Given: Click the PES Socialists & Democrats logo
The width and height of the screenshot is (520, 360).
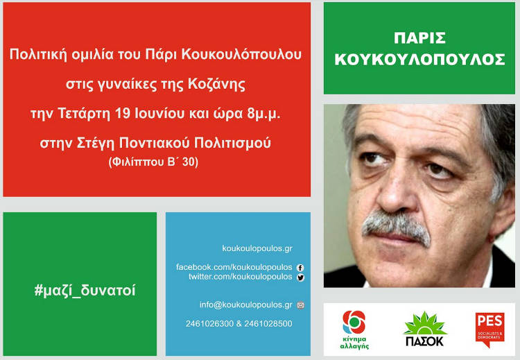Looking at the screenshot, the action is click(489, 329).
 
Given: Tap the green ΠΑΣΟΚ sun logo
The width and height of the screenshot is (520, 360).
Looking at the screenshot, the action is click(425, 329).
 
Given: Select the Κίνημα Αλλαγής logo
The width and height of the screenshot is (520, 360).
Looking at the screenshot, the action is click(354, 329).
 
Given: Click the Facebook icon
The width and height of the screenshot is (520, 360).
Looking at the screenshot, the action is click(300, 268).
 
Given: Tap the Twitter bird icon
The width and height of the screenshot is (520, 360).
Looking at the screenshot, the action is click(300, 277).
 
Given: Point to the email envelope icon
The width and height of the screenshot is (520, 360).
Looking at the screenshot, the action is click(300, 305).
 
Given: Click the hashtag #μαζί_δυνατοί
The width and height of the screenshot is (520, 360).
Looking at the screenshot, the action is click(85, 291).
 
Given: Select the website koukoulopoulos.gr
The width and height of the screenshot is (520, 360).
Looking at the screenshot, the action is click(257, 248).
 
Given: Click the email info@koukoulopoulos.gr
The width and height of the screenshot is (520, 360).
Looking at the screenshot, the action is click(245, 305).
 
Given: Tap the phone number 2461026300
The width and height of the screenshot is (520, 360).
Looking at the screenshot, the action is click(209, 324).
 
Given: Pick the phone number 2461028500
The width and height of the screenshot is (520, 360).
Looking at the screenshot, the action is click(268, 324).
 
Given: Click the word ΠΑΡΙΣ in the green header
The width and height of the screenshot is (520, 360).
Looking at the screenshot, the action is click(419, 38).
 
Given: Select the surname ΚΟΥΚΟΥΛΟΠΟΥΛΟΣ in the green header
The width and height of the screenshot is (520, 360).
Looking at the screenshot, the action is click(419, 60).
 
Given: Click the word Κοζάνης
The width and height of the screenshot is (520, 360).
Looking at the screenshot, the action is click(217, 84).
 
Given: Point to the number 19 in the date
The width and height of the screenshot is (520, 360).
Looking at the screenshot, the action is click(122, 114).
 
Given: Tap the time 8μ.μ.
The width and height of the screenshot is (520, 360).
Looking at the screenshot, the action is click(263, 114).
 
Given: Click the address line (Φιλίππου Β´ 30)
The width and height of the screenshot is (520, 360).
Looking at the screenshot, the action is click(153, 162).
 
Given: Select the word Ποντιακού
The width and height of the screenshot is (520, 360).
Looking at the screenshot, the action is click(154, 143).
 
